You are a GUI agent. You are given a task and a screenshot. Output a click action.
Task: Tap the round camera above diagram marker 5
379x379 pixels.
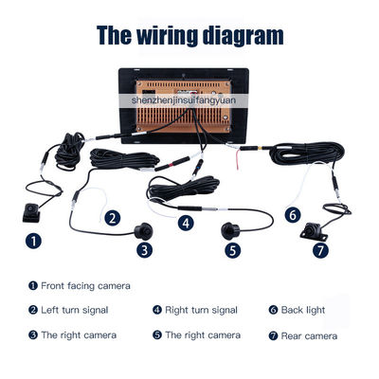point(230,229)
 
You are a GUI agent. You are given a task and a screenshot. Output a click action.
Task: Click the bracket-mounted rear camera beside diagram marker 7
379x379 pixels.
point(314,230)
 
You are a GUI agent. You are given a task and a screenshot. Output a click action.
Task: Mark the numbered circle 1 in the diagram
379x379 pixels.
point(35,241)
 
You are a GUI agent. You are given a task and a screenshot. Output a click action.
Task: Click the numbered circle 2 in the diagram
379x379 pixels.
point(113,218)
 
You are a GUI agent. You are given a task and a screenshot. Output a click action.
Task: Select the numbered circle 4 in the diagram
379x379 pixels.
point(186,224)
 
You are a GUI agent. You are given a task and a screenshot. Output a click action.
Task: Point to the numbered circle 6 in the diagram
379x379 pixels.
point(293,214)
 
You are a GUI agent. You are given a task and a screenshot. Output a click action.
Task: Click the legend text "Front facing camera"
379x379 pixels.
point(85,285)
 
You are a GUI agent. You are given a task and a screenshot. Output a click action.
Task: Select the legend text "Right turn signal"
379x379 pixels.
point(202,310)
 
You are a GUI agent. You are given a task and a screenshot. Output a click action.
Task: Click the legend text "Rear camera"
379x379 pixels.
point(308,335)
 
